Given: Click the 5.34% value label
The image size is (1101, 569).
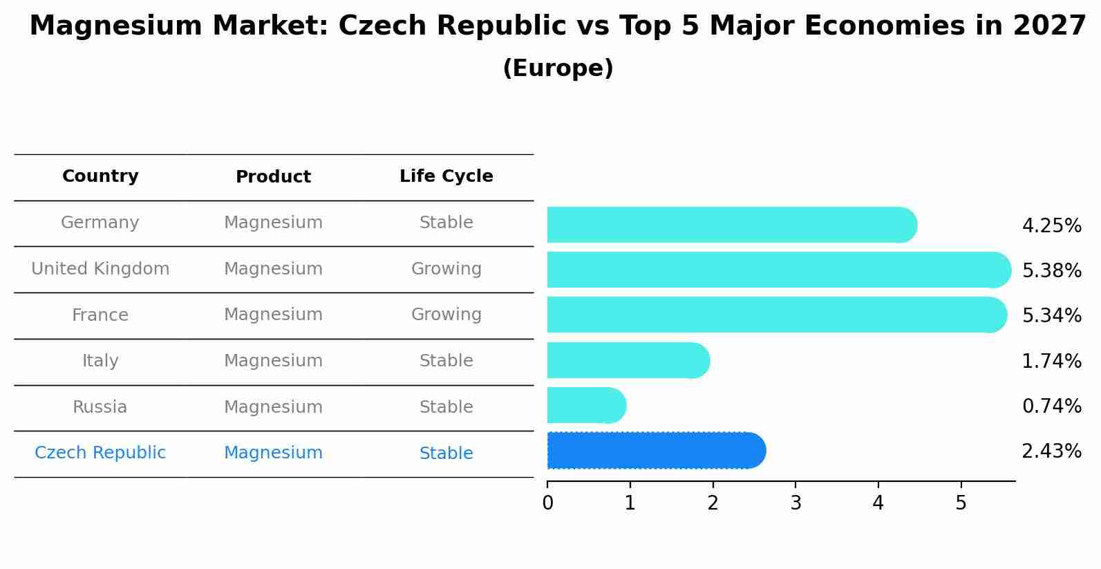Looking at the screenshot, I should [1051, 316].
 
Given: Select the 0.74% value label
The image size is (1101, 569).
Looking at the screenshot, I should [1051, 406].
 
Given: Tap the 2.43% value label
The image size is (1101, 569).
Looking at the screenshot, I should [1051, 451].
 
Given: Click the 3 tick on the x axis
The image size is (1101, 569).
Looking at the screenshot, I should [796, 503].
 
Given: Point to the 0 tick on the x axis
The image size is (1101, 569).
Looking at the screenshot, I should [547, 503].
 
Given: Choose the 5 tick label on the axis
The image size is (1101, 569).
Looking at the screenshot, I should [961, 503].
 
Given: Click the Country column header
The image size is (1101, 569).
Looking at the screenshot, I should [100, 176].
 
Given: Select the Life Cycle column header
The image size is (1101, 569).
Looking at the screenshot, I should [446, 176].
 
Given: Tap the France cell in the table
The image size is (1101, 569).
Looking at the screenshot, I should [100, 315].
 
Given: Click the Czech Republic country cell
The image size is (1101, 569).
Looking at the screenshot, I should [100, 453].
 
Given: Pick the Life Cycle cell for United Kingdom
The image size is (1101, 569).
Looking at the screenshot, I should [446, 269].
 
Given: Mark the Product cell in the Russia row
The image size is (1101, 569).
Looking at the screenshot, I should [273, 407].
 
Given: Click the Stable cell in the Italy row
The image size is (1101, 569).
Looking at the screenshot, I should [446, 361].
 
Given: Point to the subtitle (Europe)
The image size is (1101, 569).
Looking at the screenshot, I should [558, 68].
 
